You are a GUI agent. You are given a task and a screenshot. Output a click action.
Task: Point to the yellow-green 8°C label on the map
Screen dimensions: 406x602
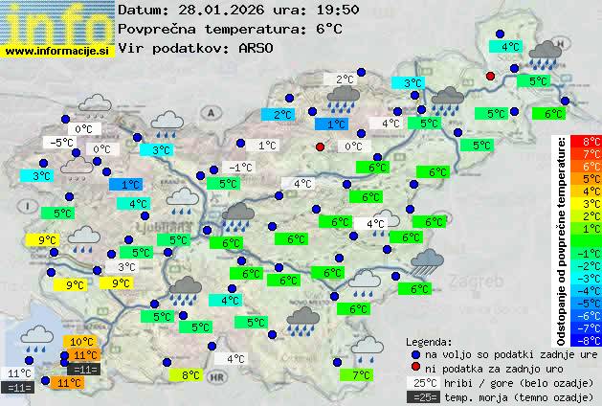click(x=190, y=375)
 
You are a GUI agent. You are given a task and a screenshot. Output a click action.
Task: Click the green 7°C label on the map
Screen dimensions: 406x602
click(x=361, y=375)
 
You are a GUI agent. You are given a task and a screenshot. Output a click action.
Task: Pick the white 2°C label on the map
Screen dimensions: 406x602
click(x=345, y=79)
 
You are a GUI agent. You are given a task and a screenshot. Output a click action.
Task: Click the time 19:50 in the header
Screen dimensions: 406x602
click(x=313, y=10)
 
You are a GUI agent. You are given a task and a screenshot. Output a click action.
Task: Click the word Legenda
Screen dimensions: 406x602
click(x=429, y=341)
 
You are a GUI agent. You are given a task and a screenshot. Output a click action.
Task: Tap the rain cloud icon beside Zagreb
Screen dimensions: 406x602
click(x=427, y=261)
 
